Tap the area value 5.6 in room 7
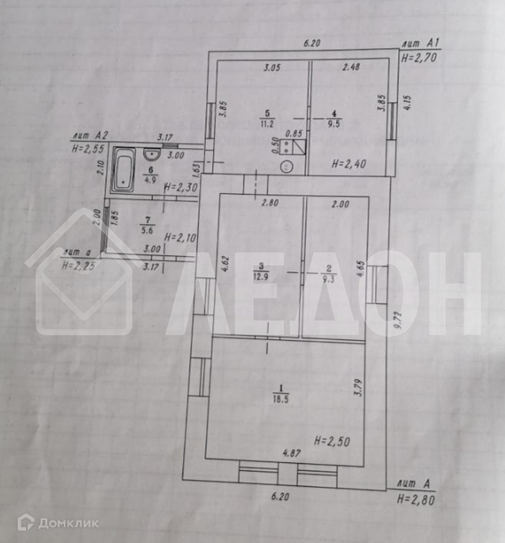147,228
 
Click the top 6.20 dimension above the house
311,44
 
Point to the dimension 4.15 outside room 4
407,102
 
